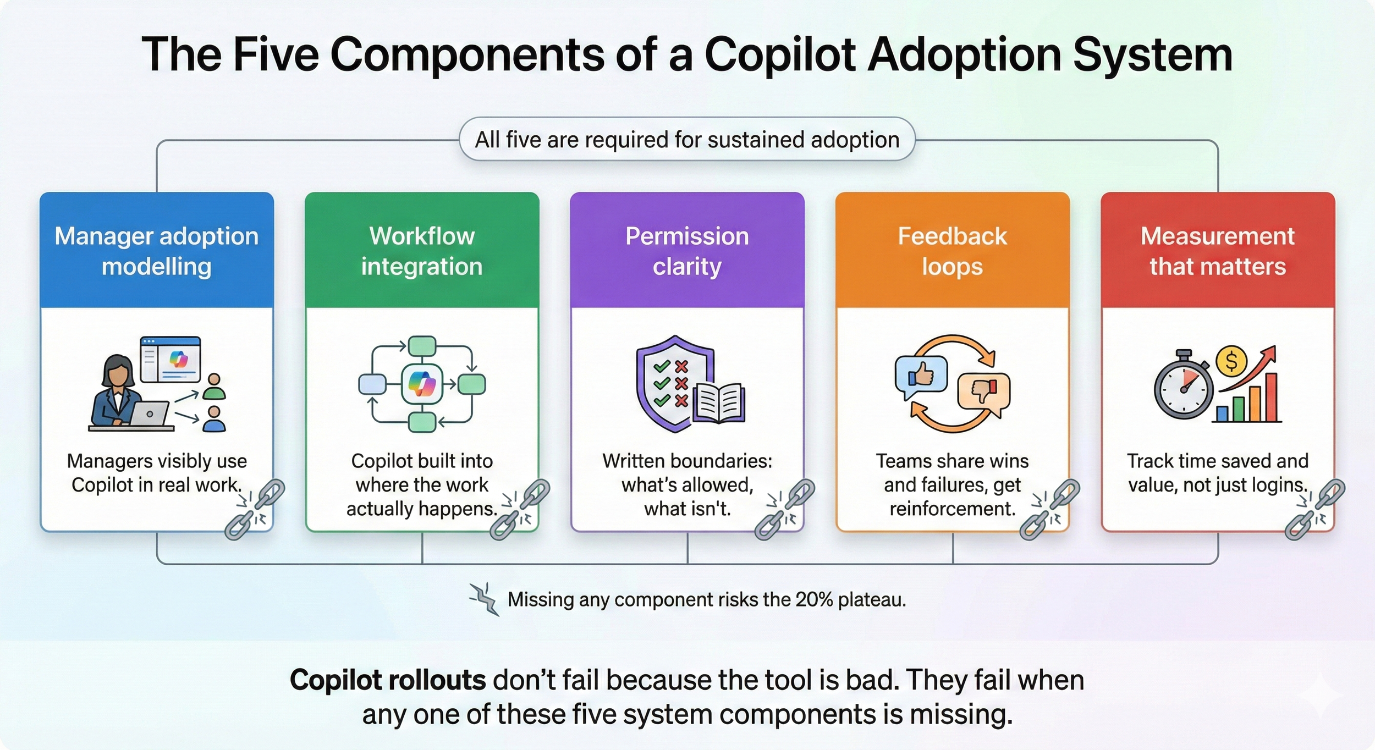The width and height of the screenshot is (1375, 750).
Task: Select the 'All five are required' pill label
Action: (x=687, y=140)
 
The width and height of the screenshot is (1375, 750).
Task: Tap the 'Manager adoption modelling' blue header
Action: (x=157, y=251)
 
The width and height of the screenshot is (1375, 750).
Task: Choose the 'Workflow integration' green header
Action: (x=422, y=251)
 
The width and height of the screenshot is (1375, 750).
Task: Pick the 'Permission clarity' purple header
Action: (x=687, y=251)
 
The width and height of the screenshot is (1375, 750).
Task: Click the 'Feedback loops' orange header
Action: (x=952, y=251)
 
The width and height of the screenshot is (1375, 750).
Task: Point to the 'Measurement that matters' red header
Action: (x=1218, y=251)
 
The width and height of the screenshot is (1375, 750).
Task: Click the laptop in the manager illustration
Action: (x=150, y=413)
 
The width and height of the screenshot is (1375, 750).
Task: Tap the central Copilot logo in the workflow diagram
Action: (x=422, y=384)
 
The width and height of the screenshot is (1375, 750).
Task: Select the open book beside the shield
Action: (x=719, y=403)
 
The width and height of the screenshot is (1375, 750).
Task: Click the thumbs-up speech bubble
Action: (x=921, y=376)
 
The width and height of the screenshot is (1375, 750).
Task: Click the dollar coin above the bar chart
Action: (x=1231, y=361)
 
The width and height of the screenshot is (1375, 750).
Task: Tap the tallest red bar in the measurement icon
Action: (x=1272, y=396)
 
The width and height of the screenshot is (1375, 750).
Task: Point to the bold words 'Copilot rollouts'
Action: (x=388, y=680)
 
